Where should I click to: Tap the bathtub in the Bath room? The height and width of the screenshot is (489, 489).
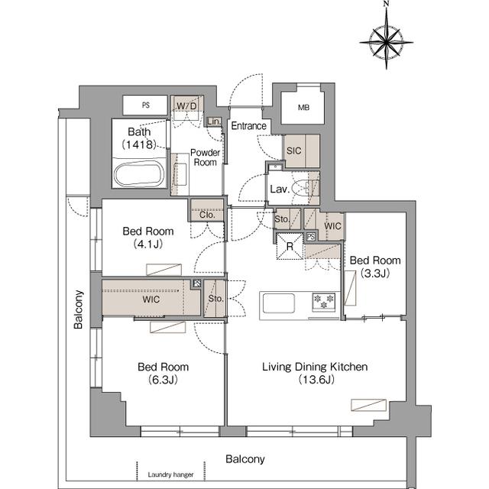139,175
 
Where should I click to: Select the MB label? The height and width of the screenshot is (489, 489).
303,108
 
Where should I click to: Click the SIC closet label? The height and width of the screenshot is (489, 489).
293,151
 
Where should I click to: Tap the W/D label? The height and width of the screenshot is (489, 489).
186,106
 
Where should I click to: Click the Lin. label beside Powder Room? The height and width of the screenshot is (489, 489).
214,121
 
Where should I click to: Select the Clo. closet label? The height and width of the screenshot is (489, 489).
207,215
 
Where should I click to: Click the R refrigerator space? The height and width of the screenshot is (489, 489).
290,246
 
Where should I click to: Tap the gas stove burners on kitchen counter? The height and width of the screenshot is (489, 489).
324,302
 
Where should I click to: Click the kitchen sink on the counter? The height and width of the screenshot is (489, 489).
278,303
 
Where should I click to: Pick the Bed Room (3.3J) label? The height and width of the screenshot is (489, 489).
375,267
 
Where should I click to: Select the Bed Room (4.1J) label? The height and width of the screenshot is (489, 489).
148,238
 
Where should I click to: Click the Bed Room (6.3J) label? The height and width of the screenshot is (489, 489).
163,373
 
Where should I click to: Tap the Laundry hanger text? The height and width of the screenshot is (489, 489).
170,474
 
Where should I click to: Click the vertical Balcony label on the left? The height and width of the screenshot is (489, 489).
79,309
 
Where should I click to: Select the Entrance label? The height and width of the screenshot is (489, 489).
248,126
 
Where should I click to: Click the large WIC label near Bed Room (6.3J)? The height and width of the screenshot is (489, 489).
151,300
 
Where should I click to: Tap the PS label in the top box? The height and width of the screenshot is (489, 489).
146,105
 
